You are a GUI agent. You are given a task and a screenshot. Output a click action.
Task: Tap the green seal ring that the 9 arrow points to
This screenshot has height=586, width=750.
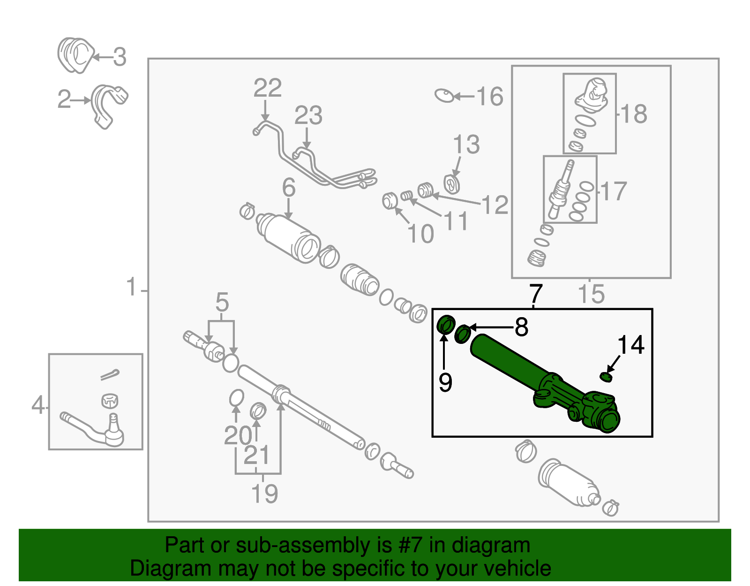click(446, 325)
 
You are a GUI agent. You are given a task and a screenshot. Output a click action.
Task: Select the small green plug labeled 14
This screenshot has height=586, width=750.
click(606, 376)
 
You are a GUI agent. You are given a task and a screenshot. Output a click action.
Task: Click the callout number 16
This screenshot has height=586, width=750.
click(489, 97)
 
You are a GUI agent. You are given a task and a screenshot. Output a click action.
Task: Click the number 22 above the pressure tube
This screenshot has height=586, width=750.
click(268, 88)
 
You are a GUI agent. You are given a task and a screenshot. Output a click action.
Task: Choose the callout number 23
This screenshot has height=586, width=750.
click(308, 115)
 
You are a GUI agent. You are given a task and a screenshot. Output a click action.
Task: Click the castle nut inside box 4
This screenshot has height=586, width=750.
click(109, 401)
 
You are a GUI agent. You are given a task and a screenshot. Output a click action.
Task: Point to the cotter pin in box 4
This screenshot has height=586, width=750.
click(110, 375)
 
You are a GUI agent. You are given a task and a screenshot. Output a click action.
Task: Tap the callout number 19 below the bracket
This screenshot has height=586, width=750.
click(264, 494)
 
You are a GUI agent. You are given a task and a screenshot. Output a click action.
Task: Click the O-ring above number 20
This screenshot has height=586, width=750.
click(237, 398)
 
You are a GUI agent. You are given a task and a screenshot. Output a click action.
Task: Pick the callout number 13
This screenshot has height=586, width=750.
click(466, 145)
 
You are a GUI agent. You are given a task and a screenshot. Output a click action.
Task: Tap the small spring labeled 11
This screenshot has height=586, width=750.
click(407, 195)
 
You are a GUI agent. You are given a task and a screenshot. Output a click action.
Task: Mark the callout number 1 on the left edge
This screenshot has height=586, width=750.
click(132, 287)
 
